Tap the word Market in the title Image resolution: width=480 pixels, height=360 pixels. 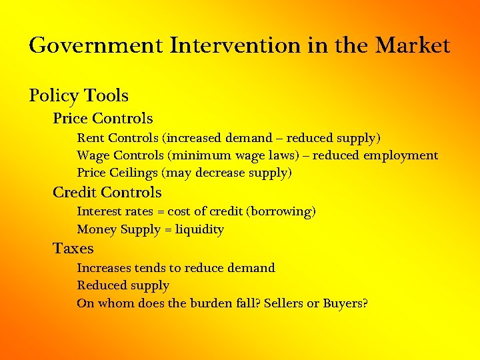413,46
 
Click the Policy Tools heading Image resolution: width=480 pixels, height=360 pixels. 79,95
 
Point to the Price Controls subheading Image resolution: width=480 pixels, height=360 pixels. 103,119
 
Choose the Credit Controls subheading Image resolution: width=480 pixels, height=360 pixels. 107,193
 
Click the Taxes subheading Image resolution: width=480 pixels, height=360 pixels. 73,249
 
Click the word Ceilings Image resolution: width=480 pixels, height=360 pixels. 131,173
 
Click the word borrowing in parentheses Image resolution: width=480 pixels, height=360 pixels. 281,212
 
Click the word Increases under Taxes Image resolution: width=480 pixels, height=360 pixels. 103,268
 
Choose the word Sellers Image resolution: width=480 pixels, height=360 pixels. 283,303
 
